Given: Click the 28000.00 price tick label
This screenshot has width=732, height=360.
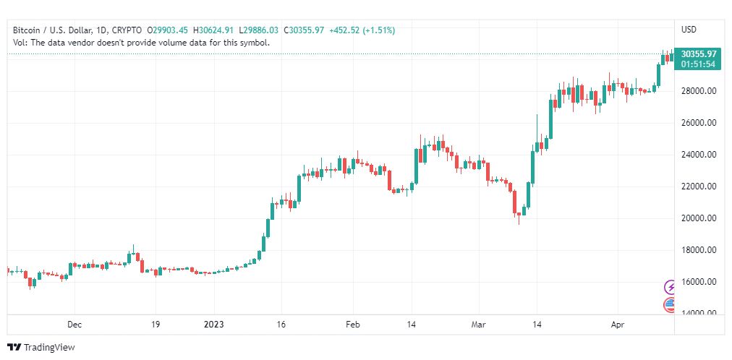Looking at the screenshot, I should pyautogui.click(x=699, y=91).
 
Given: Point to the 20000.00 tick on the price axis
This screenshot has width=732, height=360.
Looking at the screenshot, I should pyautogui.click(x=699, y=218).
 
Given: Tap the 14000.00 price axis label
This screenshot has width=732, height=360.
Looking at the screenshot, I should pyautogui.click(x=699, y=312).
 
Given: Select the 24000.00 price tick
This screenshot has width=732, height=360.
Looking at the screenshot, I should pyautogui.click(x=699, y=155).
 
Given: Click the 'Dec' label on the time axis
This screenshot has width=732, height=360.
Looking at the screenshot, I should pyautogui.click(x=74, y=325).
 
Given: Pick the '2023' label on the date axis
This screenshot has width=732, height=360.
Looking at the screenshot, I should pyautogui.click(x=215, y=325).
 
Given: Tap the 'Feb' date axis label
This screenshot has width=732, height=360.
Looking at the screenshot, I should pyautogui.click(x=352, y=325).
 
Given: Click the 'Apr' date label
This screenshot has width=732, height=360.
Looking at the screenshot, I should pyautogui.click(x=616, y=325).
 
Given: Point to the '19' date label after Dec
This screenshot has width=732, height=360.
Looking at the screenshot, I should pyautogui.click(x=156, y=325).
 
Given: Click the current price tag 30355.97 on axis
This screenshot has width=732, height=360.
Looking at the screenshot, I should pyautogui.click(x=699, y=53).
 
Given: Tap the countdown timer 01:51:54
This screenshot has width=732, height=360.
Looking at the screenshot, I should pyautogui.click(x=699, y=64).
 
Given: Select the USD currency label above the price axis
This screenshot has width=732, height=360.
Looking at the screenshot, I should pyautogui.click(x=689, y=30).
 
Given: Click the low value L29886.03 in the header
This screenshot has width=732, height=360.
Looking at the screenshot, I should pyautogui.click(x=258, y=30).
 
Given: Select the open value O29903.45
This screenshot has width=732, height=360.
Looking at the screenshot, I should pyautogui.click(x=167, y=30).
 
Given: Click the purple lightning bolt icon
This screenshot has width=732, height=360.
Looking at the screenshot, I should pyautogui.click(x=671, y=287).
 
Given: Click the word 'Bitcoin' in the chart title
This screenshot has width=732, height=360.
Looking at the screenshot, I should pyautogui.click(x=27, y=30).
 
